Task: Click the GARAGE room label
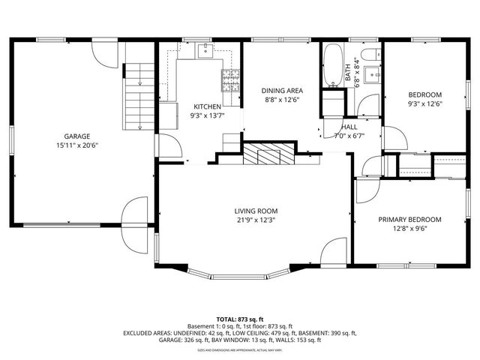[67, 136]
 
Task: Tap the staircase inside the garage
[138, 96]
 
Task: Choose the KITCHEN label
[207, 106]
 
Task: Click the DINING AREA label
[281, 90]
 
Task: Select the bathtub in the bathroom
[333, 67]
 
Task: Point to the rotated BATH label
[348, 75]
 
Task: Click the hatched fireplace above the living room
[267, 155]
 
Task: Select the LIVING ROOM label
[257, 211]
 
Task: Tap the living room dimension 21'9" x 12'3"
[257, 220]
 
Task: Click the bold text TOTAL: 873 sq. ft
[239, 319]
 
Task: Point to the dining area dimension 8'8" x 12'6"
[281, 99]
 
